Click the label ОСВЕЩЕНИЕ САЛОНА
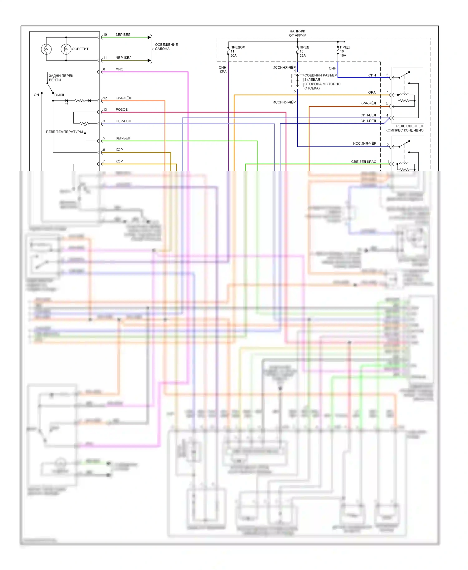coord(166,47)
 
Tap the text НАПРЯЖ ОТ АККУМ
coord(297,33)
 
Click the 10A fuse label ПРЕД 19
coord(344,51)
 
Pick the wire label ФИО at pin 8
coord(119,69)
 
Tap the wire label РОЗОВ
coord(122,110)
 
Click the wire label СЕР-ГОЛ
coord(123,121)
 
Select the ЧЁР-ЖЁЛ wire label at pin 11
coord(124,58)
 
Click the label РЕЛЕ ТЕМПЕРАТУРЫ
coord(64,132)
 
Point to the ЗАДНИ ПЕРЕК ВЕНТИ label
coord(61,78)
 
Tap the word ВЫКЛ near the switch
coord(59,95)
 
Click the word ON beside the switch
coord(36,95)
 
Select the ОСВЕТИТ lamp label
coord(80,49)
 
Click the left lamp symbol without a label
coord(46,49)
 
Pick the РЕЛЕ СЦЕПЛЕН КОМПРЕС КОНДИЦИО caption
coord(404,128)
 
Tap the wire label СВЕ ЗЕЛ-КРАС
coord(363,162)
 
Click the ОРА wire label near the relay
coord(372,93)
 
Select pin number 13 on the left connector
coord(105,110)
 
